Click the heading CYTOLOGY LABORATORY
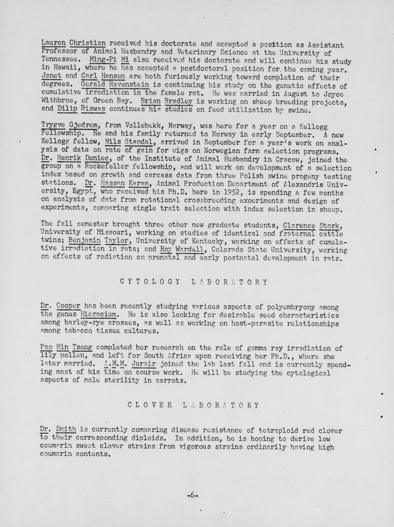[194, 282]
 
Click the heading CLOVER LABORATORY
[193, 405]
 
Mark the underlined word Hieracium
[99, 315]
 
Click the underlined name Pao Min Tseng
[66, 348]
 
